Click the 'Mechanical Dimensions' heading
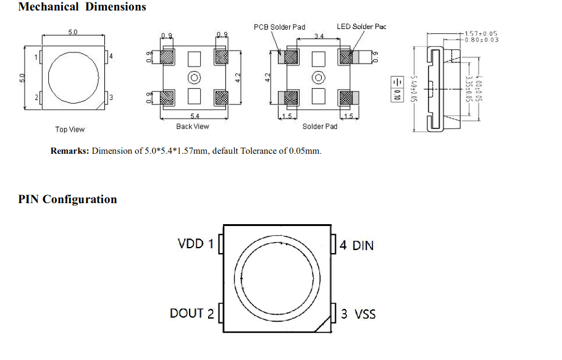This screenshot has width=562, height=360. tap(82, 7)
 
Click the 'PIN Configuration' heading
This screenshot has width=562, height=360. tap(67, 199)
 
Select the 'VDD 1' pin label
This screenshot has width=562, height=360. tap(195, 244)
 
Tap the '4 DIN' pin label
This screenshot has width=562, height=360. tap(357, 245)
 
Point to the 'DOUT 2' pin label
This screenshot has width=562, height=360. tap(191, 314)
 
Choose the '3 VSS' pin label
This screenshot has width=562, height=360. tap(358, 314)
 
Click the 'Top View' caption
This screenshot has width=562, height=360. tap(70, 130)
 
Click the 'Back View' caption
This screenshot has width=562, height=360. tap(193, 127)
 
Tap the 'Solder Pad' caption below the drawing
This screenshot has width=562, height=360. tap(319, 127)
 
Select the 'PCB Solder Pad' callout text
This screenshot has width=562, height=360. tap(279, 27)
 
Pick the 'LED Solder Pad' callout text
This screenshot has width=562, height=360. tap(361, 27)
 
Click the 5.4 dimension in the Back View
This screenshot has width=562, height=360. tap(195, 116)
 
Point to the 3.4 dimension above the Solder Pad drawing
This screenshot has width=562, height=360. tap(319, 37)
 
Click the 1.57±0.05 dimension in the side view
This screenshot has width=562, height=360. tap(481, 33)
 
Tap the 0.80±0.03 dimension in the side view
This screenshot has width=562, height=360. tap(481, 40)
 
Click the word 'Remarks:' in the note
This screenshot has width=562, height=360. tap(70, 151)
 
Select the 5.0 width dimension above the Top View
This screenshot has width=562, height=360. tap(72, 32)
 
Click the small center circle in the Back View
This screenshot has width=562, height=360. tap(194, 77)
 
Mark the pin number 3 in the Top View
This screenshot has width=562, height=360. tap(111, 98)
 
